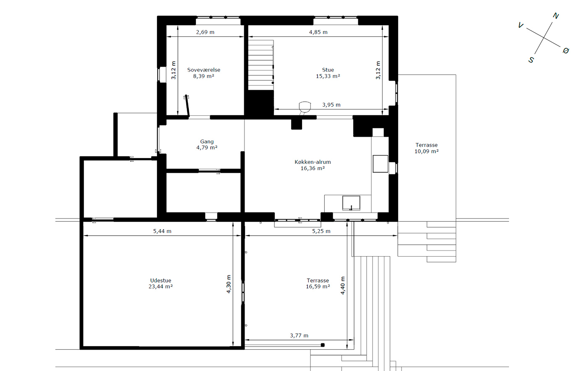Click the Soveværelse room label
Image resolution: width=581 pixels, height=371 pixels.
203,70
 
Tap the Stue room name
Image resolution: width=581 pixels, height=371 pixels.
328,70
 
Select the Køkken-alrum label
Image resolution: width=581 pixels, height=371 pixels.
313,162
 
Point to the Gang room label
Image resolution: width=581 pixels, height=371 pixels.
207,142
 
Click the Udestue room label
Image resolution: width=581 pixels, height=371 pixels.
161,280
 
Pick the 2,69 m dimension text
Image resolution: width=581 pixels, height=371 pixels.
205,32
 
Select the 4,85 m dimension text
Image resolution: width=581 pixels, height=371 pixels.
318,32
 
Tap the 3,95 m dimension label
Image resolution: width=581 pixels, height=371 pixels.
331,105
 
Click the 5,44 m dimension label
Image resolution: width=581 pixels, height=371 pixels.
162,231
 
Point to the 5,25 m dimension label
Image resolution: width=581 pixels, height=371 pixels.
321,231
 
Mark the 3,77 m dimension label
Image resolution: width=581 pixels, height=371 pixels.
299,335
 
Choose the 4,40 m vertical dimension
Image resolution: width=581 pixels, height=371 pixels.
343,285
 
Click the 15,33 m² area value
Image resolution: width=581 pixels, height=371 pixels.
328,76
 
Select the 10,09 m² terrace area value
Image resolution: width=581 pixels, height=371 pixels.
426,151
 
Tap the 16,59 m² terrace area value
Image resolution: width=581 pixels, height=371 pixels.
318,286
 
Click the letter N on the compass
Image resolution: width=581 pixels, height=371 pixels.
555,16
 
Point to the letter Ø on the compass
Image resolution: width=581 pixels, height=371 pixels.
566,51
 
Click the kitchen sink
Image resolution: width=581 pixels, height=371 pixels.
351,203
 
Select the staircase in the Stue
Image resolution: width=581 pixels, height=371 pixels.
261,65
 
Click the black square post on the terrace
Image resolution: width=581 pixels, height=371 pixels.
323,345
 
